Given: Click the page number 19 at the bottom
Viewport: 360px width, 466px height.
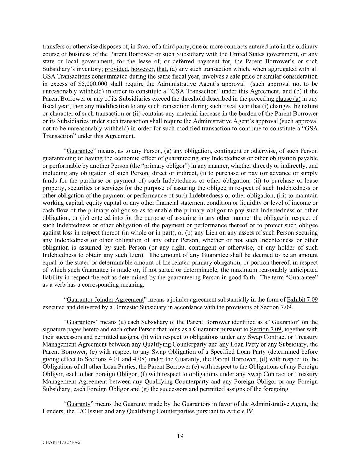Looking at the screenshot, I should coord(180,436).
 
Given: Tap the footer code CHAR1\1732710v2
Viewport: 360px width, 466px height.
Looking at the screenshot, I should coord(61,442).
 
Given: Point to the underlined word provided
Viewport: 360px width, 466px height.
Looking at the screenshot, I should coord(116,69).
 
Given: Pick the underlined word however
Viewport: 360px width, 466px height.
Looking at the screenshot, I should coord(142,69).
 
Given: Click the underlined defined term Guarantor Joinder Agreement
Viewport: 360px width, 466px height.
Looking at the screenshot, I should coord(105,300).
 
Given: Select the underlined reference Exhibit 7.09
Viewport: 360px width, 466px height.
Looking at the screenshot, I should coord(302,300).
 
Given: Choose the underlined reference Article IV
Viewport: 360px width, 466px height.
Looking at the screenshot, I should coord(240,411).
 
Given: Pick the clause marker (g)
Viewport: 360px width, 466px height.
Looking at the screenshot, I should coord(216,389).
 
